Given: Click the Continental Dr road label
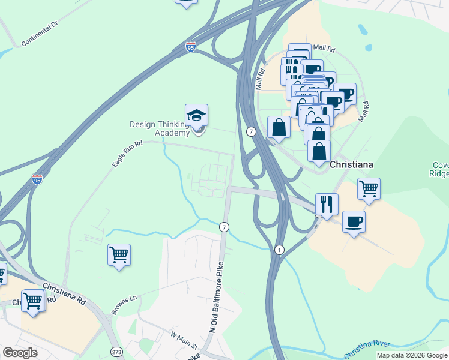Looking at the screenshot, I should click(x=39, y=34).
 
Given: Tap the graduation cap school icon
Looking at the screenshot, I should click(x=196, y=115).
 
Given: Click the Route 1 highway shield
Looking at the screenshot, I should click(x=279, y=249).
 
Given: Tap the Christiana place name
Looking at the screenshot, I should click(x=352, y=164).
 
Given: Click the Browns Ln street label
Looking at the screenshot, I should click(x=124, y=305).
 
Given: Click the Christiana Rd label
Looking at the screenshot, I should click(x=58, y=292).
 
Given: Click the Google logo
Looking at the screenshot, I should click(x=20, y=353).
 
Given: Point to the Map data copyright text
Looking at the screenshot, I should click(x=412, y=355).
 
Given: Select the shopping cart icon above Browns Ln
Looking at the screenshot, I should click(x=119, y=254).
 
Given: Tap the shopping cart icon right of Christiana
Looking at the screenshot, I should click(x=369, y=189).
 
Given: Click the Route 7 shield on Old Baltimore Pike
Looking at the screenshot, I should click(x=224, y=227).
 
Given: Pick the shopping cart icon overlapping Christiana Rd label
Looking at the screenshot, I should click(x=32, y=301).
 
